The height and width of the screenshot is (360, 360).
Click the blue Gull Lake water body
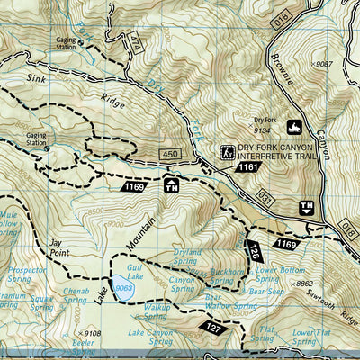point(124,290)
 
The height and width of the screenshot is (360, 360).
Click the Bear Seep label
point(266,292)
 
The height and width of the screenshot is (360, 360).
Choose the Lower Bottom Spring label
point(276,274)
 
